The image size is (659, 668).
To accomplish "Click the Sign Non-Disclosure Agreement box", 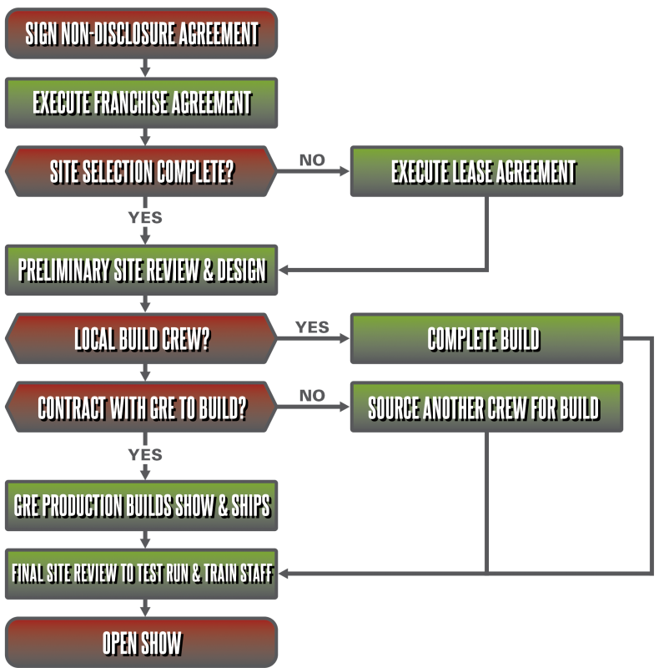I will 142,34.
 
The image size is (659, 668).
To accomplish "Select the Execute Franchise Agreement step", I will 142,104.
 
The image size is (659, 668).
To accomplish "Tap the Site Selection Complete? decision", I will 142,173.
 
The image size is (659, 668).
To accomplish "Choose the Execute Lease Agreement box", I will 485,173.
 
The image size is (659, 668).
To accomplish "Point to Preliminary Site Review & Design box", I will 142,270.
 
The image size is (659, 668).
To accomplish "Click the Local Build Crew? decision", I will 142,339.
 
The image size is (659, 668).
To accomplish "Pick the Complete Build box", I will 485,339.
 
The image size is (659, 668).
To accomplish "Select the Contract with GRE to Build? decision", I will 142,408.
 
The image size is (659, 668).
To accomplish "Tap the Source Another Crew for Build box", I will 485,408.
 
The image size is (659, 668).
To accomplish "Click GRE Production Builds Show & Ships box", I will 142,505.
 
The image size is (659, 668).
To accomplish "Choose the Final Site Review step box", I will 142,574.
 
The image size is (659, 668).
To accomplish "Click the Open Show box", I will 142,643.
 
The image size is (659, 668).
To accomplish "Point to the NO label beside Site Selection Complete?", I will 312,160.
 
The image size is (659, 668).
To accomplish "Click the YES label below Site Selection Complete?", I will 145,218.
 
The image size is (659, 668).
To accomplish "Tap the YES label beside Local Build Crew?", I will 312,327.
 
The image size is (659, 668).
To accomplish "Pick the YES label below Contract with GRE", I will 145,455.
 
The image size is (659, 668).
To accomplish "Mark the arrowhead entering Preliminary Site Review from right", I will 284,270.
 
